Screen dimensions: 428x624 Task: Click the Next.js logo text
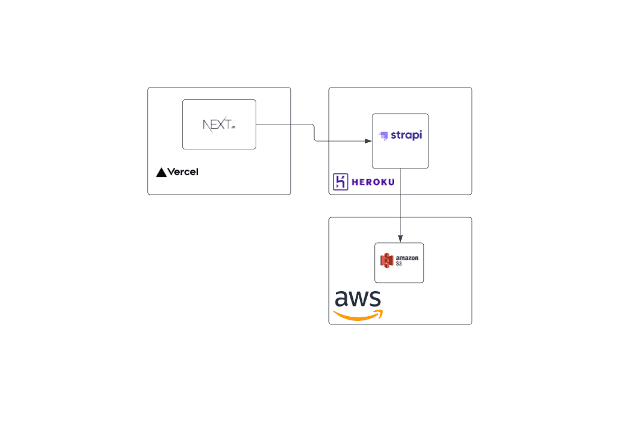(218, 124)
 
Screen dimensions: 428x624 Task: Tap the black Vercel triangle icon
(161, 173)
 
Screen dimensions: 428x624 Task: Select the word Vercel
(182, 172)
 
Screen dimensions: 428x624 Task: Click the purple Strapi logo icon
(384, 136)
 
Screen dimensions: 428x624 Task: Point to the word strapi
(406, 135)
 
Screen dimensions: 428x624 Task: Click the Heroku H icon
(340, 182)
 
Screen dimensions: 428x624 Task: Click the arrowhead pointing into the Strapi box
(368, 141)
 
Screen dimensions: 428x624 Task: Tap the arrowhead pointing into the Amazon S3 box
(400, 239)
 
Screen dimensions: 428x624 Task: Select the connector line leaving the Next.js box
(283, 124)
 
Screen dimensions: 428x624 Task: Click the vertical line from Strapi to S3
(400, 202)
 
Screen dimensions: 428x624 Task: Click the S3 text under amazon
(399, 263)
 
